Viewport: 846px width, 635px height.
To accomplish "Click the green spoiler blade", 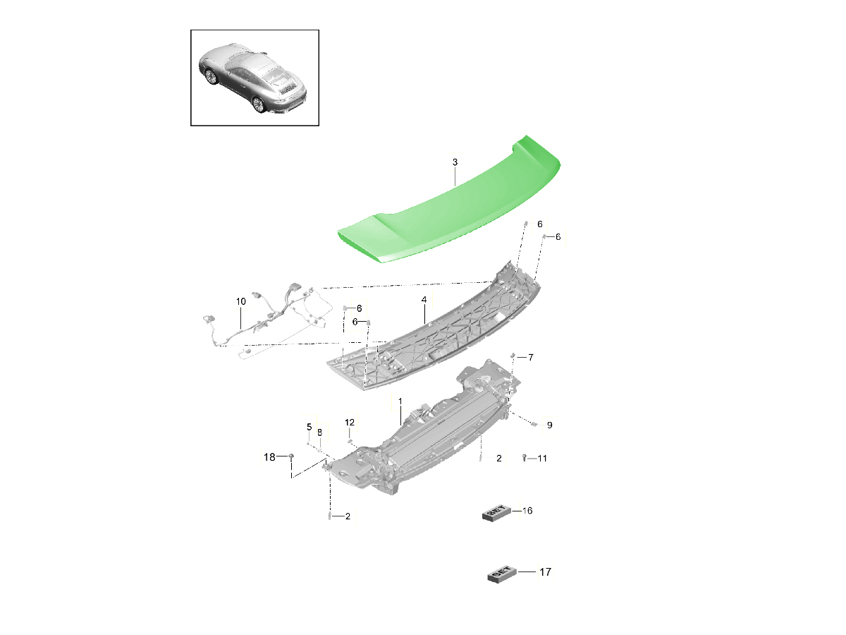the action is click(449, 205).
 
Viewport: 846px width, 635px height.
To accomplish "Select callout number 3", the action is click(455, 162).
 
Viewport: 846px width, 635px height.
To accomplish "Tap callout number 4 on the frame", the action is click(424, 300).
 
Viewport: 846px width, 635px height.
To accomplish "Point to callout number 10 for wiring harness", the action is click(241, 301).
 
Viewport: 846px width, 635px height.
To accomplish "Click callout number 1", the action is click(400, 401).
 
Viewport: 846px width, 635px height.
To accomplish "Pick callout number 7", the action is click(531, 358).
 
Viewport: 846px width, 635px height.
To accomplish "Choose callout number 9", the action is click(550, 425).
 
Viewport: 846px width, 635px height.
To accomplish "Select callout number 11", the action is click(542, 459).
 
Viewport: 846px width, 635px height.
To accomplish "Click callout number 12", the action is click(350, 423).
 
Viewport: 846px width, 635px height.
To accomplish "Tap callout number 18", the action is click(269, 457).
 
